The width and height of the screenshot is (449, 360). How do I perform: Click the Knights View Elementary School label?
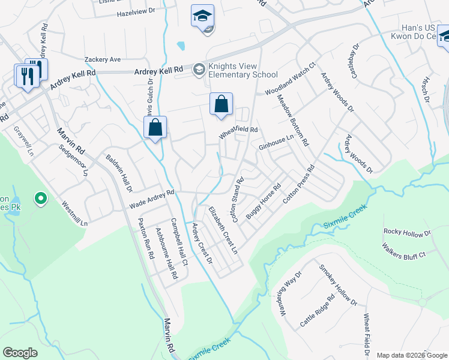pos(243,71)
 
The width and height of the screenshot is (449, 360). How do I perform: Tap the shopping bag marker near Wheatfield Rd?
pos(221,104)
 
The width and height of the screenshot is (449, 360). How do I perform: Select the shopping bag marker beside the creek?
pos(155,127)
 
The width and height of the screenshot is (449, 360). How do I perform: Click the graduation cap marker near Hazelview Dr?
pos(203,16)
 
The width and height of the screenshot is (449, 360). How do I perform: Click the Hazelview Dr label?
pos(136,11)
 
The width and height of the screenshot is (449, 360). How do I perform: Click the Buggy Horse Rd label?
pos(263,202)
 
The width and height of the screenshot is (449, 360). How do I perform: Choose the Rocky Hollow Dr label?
pos(408,232)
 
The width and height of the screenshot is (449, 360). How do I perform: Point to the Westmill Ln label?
pos(75,213)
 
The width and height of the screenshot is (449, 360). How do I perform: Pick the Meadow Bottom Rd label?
pos(292,121)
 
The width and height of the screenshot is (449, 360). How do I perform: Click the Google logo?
pos(20,353)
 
